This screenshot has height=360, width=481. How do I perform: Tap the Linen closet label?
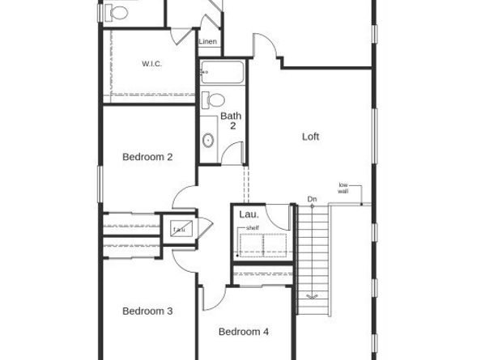(208, 41)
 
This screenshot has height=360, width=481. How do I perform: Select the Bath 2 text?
(231, 121)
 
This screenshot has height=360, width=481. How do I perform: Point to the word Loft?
(310, 137)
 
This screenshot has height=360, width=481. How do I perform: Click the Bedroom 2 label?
(147, 157)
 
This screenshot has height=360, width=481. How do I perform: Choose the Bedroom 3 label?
(147, 311)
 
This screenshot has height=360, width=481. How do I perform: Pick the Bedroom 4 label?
(243, 332)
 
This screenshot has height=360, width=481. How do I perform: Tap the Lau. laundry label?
(249, 214)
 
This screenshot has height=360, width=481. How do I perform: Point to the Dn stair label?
(313, 199)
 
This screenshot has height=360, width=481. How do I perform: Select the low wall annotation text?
(343, 188)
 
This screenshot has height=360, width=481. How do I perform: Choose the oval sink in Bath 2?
(208, 141)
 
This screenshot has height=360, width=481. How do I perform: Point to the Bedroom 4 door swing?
(208, 296)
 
